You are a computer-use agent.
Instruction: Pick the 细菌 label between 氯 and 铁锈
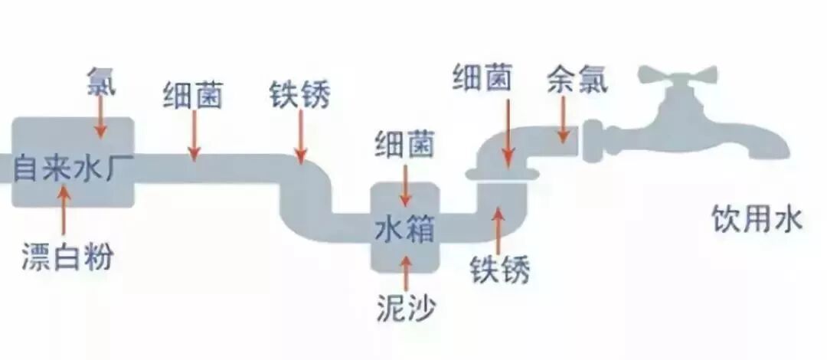point(193,96)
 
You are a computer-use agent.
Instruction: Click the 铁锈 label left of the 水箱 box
point(299,96)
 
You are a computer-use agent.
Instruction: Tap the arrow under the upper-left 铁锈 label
point(301,138)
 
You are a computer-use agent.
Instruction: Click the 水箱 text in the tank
point(405,226)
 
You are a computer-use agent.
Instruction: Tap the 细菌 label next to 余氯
point(482,78)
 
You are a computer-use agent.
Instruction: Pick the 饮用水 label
point(757,219)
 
